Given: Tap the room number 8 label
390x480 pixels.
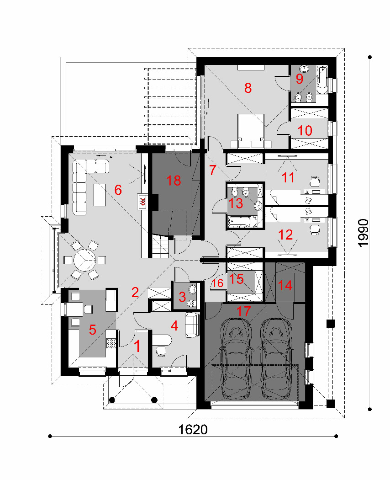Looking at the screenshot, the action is [248, 88].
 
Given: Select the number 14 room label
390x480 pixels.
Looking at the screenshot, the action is [285, 286].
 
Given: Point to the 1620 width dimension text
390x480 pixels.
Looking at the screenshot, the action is [193, 430].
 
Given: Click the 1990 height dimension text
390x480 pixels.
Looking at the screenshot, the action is [363, 233].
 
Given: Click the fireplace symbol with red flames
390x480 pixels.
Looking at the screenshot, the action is [142, 202].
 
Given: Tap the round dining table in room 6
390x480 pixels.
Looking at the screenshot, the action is [85, 260].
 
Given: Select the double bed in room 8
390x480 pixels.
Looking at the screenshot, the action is [251, 131].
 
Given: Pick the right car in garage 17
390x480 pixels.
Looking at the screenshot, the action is [276, 358].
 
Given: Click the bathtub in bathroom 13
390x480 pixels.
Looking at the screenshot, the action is [242, 222].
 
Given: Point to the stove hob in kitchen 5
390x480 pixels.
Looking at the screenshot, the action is [111, 343].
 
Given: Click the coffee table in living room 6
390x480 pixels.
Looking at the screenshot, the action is [100, 195].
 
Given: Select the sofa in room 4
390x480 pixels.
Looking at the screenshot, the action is [192, 325].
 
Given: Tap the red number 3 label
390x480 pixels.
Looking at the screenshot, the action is [182, 297].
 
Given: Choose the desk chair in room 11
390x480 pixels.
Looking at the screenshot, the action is [315, 181].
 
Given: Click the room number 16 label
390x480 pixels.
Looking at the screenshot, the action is [218, 283].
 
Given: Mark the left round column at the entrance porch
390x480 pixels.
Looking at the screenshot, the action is [112, 400].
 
